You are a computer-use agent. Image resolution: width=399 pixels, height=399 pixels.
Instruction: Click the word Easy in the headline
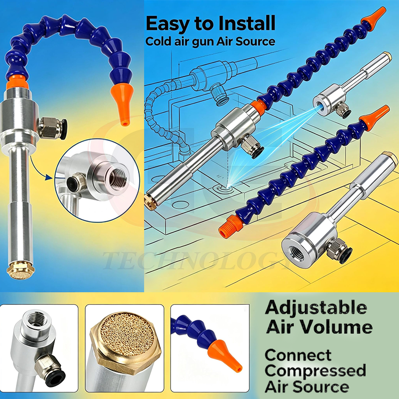(168, 24)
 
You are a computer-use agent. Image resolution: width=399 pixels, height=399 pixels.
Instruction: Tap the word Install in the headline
(247, 23)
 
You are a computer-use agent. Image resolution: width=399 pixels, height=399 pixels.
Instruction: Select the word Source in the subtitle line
(255, 41)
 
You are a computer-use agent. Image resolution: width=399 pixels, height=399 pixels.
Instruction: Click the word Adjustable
(316, 308)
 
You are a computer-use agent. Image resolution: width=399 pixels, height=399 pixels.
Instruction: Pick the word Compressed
(315, 371)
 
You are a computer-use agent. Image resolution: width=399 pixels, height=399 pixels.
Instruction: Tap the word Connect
(298, 355)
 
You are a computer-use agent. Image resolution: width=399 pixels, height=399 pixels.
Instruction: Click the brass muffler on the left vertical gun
(20, 270)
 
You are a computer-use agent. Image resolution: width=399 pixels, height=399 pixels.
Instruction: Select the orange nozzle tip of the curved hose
(122, 104)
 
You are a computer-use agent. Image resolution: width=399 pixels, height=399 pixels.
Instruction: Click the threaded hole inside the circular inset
(118, 179)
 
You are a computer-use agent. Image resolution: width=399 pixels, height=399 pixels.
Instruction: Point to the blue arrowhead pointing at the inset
(49, 177)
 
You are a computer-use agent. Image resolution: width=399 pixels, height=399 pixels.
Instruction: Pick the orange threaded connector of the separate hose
(230, 226)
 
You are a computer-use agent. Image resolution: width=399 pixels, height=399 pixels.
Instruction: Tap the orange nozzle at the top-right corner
(374, 18)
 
